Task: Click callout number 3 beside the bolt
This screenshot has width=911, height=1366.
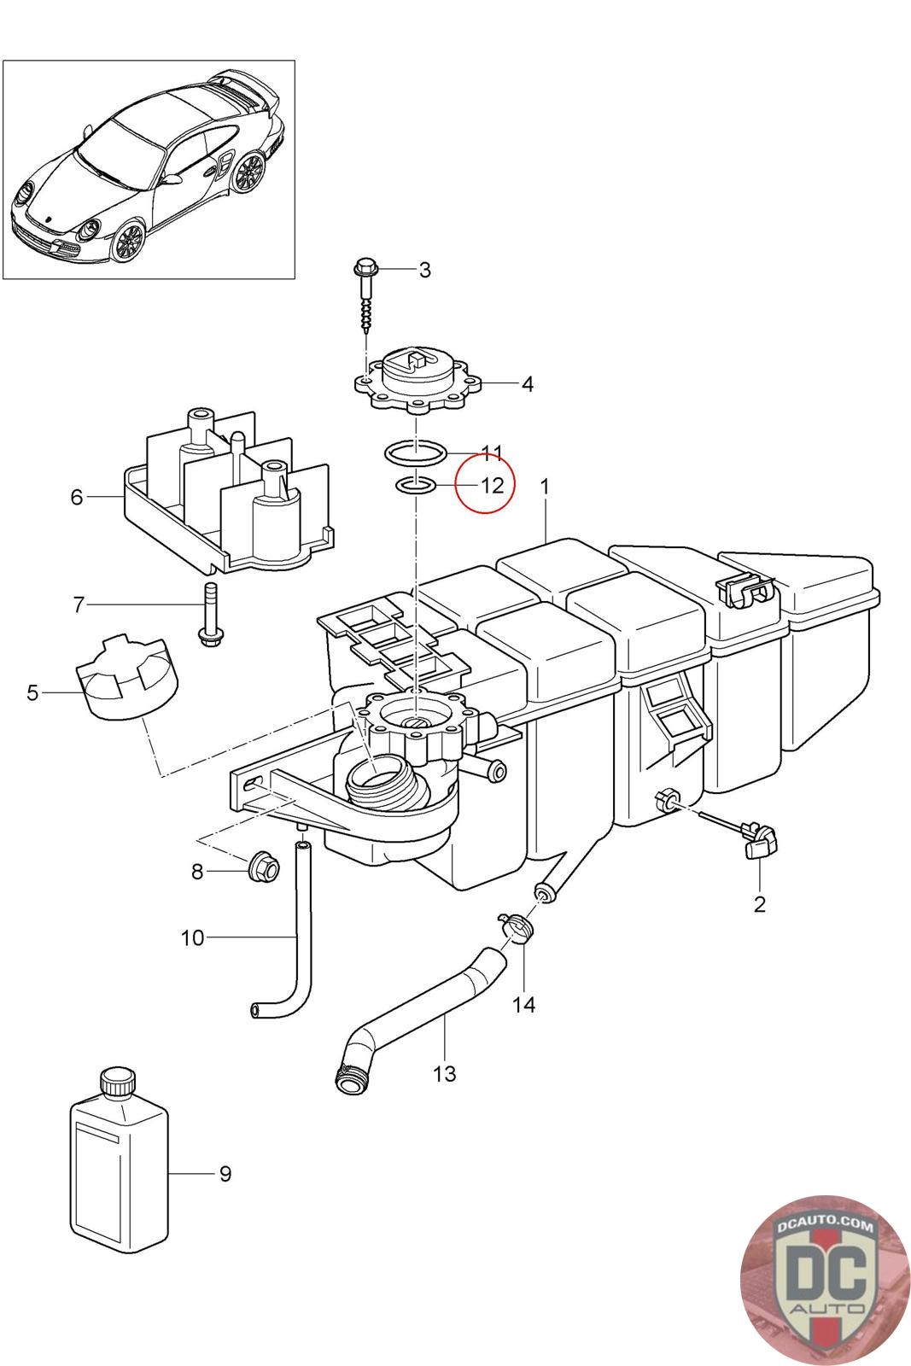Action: pos(424,270)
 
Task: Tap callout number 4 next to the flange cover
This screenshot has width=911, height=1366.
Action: pos(527,384)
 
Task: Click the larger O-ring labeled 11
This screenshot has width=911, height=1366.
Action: pos(415,453)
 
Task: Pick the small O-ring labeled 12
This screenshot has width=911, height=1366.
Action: pos(415,486)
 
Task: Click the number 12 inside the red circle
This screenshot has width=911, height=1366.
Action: pos(493,486)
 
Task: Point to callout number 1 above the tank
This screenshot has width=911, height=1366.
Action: pos(545,487)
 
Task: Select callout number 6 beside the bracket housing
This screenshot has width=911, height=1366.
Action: pos(76,497)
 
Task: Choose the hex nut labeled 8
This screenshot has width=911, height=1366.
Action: pos(264,867)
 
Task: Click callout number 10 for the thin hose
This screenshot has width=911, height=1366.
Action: pos(192,937)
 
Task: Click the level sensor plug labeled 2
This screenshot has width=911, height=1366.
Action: pos(758,840)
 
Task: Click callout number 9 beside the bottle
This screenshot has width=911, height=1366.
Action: pos(225,1173)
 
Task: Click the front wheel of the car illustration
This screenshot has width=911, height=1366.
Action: pos(129,242)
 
